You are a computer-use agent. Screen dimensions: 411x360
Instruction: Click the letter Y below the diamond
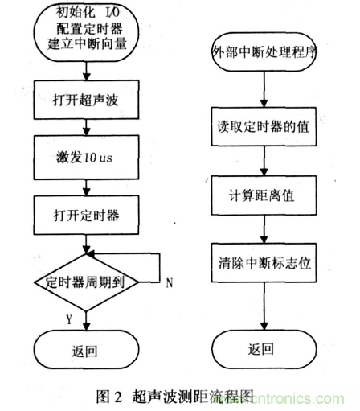(68, 319)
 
